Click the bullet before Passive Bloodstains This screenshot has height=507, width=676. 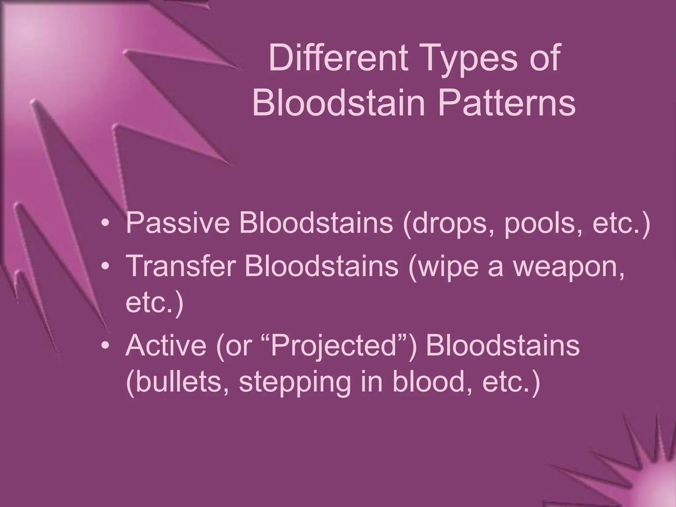(105, 223)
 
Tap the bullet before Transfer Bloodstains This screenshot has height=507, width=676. (105, 266)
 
